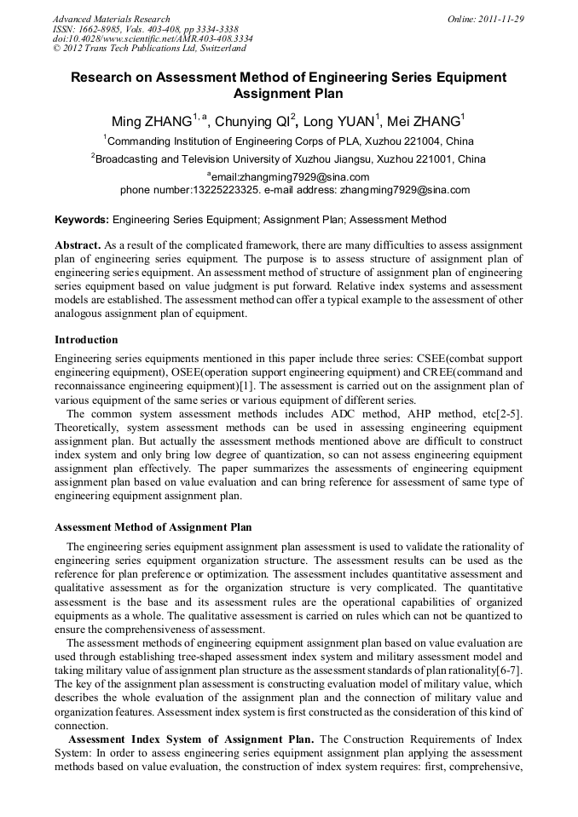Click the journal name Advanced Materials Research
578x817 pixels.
point(111,19)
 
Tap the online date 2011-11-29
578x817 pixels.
point(498,19)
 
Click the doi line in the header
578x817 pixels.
point(153,38)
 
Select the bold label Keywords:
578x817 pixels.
point(82,220)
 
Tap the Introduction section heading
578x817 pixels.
point(86,339)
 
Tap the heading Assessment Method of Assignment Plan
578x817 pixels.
point(153,527)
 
